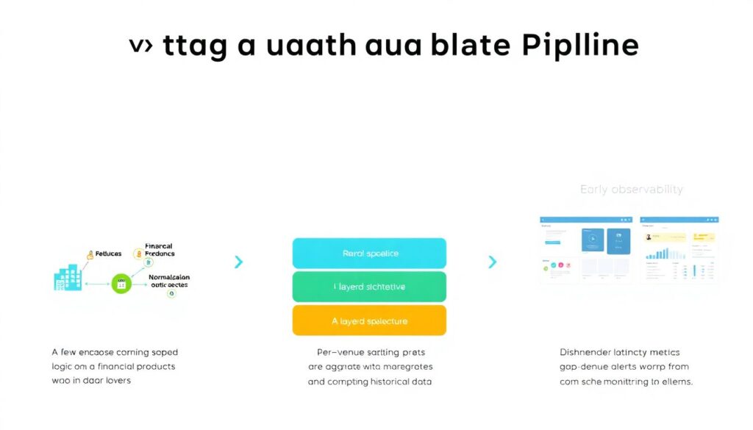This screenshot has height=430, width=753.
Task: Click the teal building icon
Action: pos(68,279)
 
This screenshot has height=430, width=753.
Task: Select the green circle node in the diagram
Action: pos(121,282)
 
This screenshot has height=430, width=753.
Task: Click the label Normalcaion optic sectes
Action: pos(169,282)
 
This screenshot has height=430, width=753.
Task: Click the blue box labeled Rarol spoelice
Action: pos(369,254)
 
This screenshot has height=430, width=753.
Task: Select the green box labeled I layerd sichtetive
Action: pos(369,287)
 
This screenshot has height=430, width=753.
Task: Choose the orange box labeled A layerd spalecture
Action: pos(369,320)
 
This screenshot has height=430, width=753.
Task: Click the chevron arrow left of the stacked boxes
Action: pos(238,262)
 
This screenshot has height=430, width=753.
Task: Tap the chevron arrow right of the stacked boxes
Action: pos(492,262)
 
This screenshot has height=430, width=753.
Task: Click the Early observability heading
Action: pos(631,190)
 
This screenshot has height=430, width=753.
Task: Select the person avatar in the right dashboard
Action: pos(650,237)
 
